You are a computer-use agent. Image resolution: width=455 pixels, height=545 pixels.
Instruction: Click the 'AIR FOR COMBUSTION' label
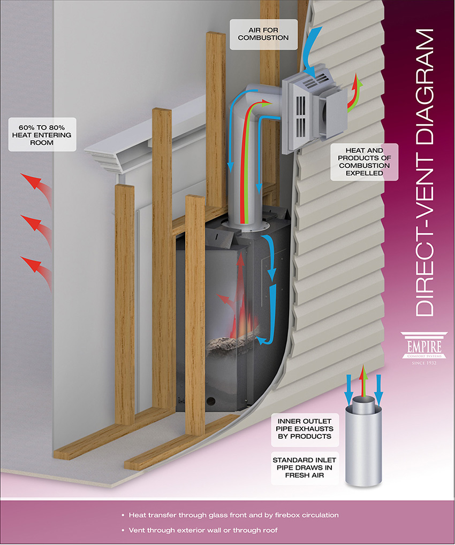[x=263, y=34]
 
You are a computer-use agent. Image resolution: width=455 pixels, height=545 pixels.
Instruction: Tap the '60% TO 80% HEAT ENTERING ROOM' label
[x=42, y=135]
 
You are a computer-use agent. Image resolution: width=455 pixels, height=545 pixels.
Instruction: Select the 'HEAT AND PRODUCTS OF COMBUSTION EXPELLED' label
[x=364, y=161]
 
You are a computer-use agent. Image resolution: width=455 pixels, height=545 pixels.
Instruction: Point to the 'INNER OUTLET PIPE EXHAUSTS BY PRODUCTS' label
[x=305, y=429]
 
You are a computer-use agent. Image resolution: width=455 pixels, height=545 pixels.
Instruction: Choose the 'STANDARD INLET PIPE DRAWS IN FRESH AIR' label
[x=305, y=468]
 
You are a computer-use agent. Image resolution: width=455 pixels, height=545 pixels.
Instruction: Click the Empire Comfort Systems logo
[x=424, y=348]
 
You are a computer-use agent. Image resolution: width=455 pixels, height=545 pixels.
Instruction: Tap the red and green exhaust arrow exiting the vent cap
[x=355, y=95]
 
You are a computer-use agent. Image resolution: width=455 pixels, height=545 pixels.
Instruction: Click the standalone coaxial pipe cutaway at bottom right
[x=363, y=441]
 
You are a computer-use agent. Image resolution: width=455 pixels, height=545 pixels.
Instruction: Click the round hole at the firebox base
[x=211, y=401]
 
